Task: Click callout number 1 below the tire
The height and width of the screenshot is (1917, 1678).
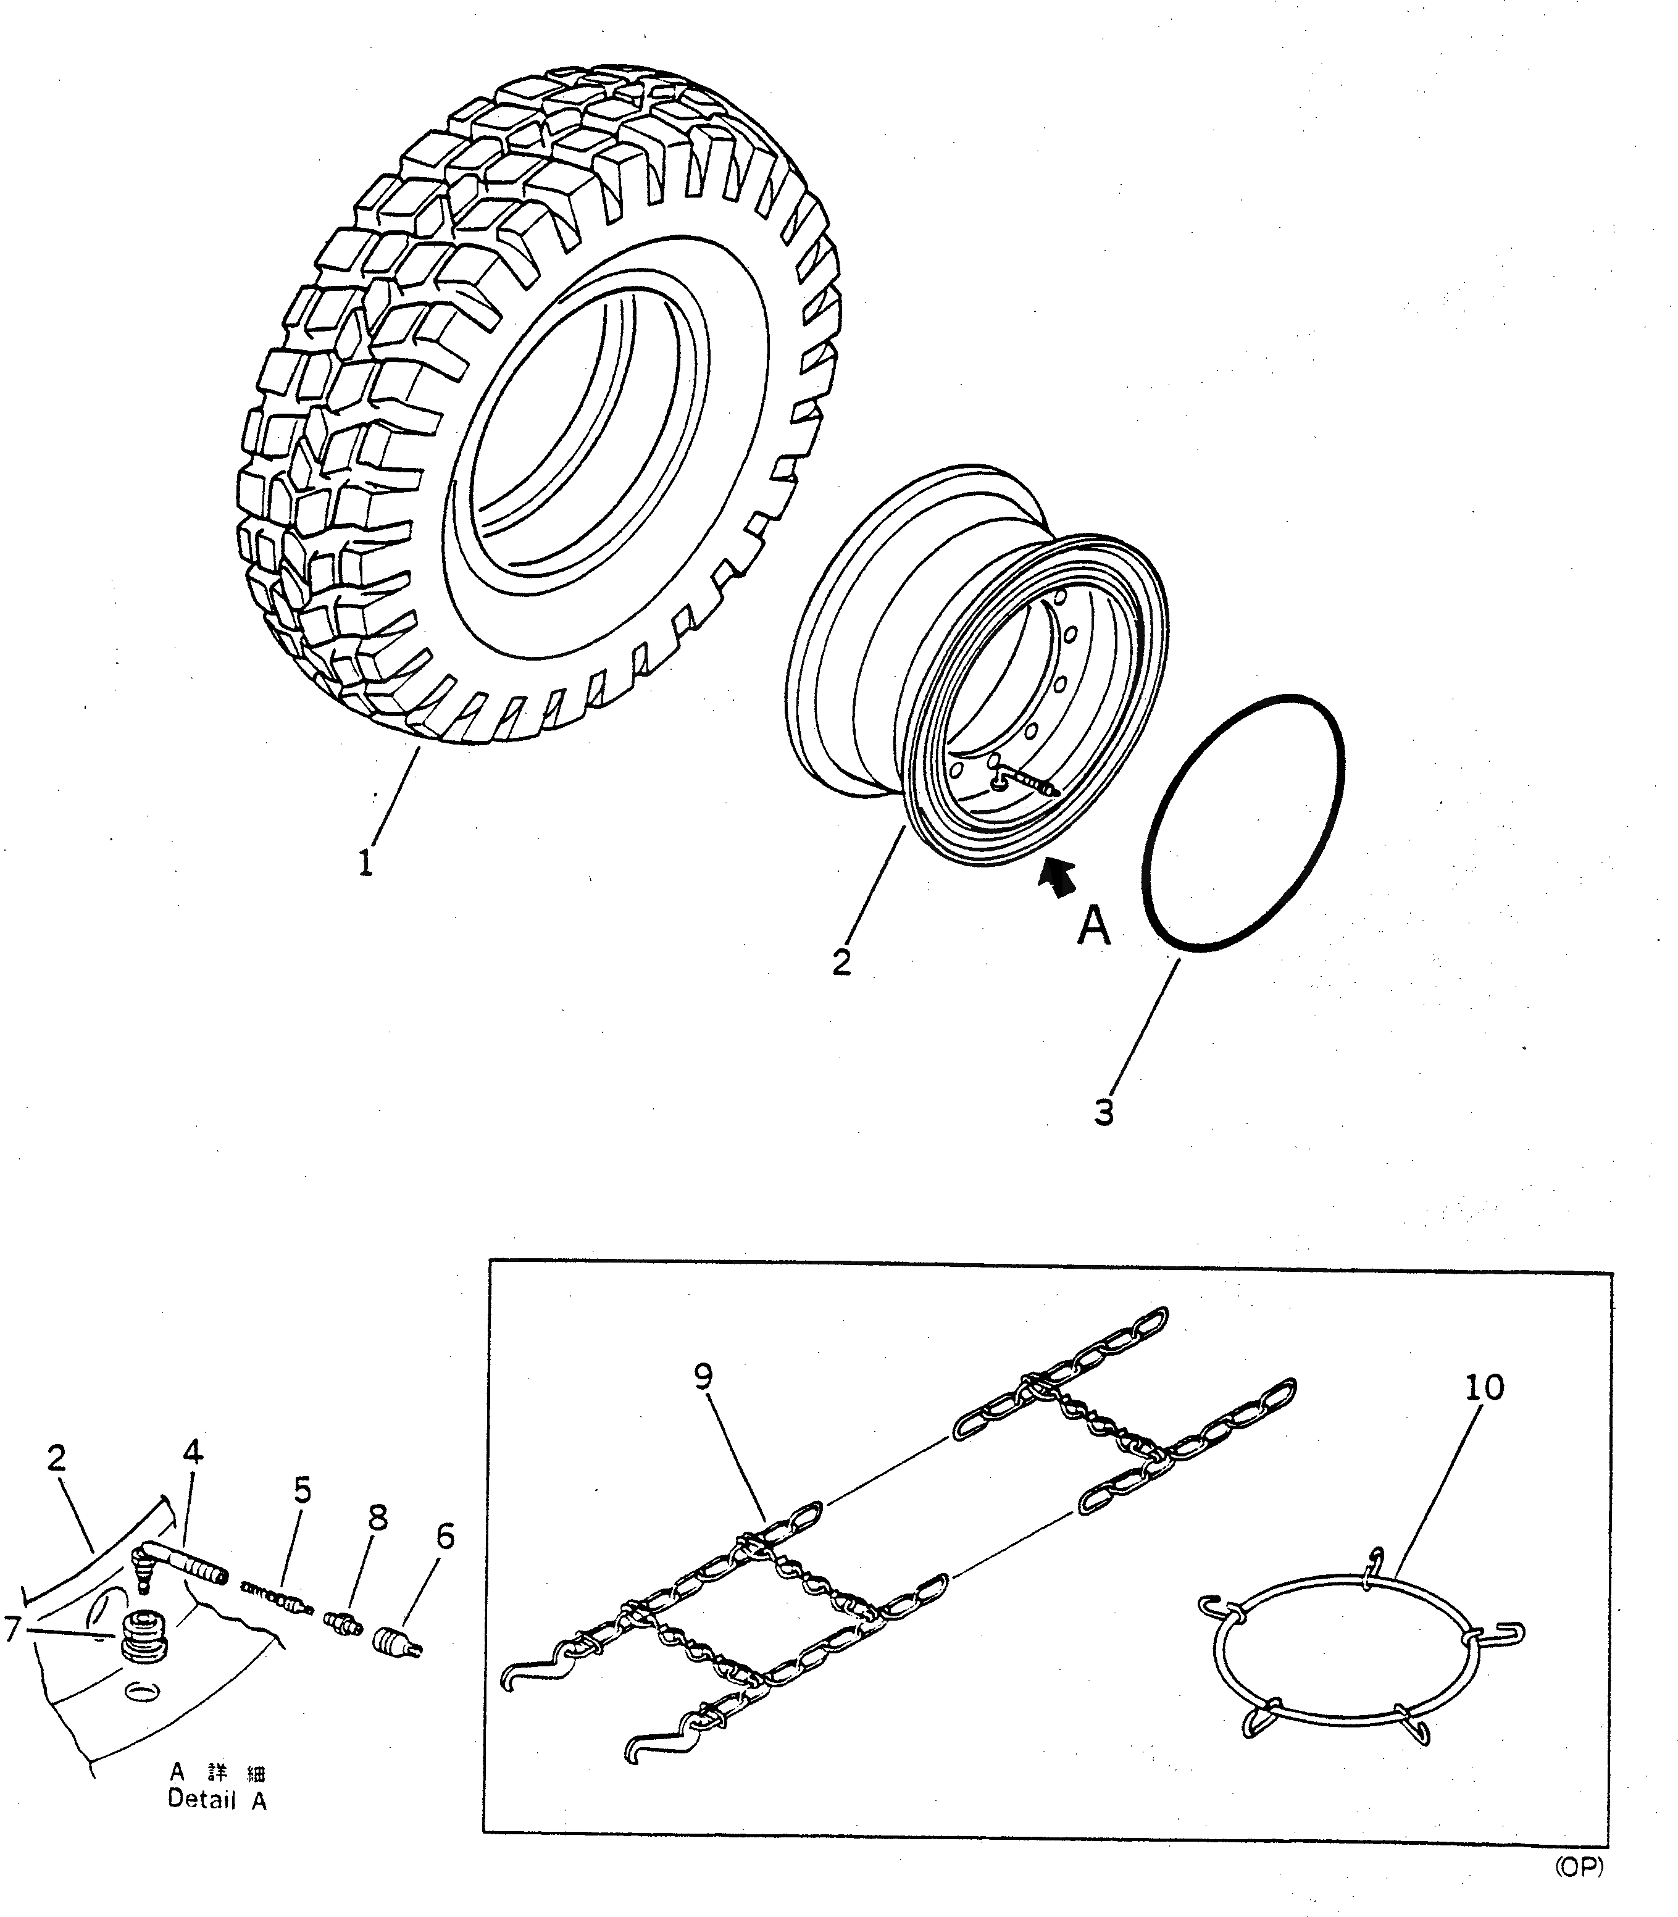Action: [x=366, y=861]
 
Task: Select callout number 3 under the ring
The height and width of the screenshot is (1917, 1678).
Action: [x=1104, y=1112]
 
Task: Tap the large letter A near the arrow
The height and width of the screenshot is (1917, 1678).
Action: [x=1093, y=927]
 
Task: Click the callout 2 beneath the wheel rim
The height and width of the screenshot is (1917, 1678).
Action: [x=842, y=962]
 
